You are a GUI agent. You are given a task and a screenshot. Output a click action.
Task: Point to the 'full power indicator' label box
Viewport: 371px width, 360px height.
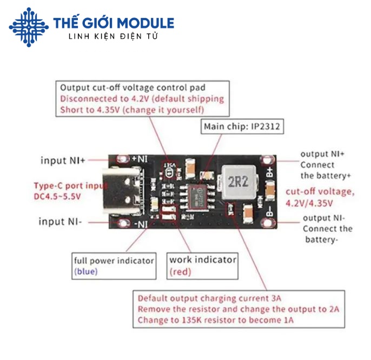click(114, 265)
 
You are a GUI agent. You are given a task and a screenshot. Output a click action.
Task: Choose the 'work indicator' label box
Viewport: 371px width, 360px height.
click(202, 265)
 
